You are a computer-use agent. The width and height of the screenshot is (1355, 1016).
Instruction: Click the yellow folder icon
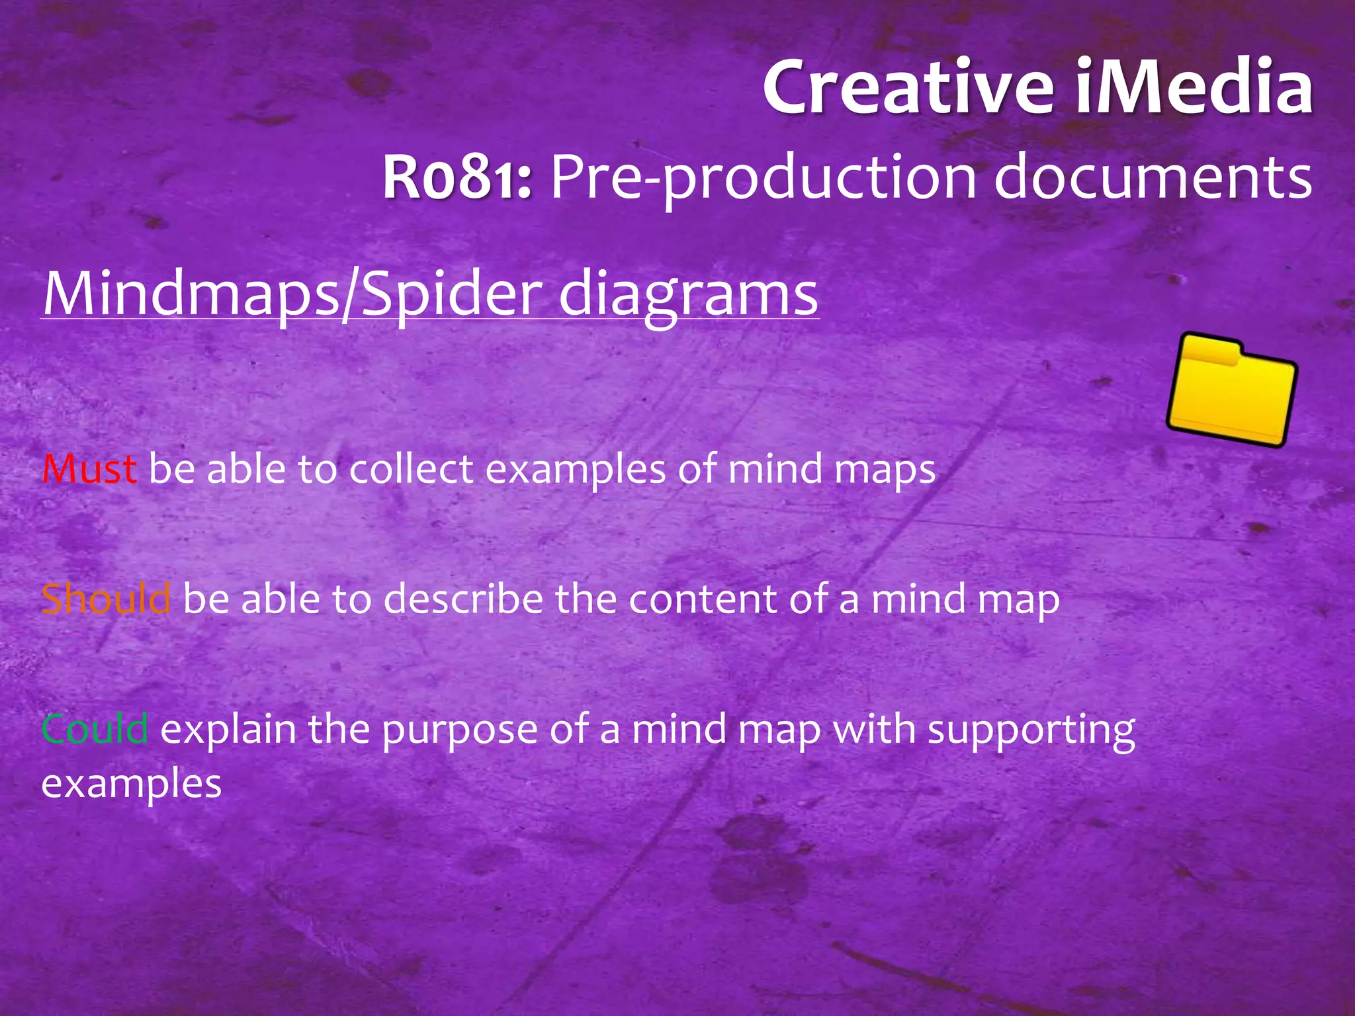1231,390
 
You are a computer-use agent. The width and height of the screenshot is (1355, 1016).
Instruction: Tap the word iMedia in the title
1194,87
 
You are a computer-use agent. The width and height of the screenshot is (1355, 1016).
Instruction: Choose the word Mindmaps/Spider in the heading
292,294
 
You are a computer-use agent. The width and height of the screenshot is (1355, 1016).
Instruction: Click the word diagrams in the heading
688,295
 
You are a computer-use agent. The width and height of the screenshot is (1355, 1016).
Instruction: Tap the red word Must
89,469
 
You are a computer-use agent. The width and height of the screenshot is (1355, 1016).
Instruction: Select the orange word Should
106,599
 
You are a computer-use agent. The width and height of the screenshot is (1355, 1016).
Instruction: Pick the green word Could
95,729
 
